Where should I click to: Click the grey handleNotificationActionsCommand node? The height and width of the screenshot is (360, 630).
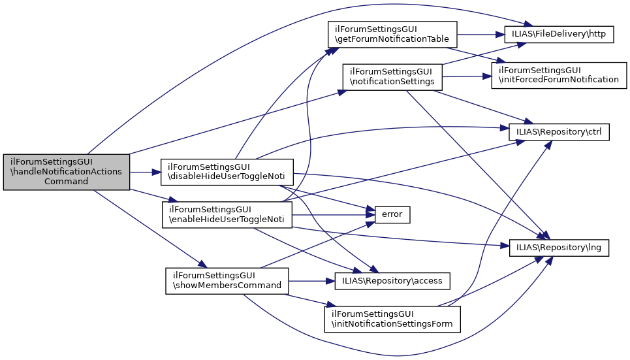(x=67, y=172)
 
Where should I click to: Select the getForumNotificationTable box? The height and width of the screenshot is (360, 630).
(x=392, y=35)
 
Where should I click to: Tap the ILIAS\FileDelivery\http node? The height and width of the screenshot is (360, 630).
(x=559, y=34)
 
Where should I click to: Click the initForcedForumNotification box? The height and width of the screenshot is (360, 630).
(x=559, y=75)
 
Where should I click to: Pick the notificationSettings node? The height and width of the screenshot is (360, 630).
(x=392, y=77)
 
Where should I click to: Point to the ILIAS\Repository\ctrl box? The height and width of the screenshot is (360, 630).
(x=559, y=132)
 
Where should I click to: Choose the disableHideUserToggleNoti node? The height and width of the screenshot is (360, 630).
(x=227, y=172)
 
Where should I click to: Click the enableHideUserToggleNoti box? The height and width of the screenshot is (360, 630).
(x=227, y=215)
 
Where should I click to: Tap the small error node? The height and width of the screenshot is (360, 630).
(x=392, y=215)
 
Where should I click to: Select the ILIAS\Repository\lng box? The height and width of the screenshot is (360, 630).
(x=559, y=248)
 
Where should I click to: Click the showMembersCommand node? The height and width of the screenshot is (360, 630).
(x=227, y=281)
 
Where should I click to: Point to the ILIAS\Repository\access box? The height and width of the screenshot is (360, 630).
(x=392, y=281)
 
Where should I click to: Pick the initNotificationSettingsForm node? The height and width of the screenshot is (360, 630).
(x=392, y=319)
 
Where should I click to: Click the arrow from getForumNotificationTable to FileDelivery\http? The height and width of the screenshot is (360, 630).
(x=481, y=35)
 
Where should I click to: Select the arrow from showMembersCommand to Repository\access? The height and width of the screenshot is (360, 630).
(x=312, y=281)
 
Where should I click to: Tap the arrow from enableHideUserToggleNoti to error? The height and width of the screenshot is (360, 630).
(x=334, y=215)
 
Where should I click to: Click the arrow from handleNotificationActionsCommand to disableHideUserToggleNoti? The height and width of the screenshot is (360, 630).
(x=145, y=172)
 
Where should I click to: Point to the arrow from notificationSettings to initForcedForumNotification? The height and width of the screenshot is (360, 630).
(x=467, y=76)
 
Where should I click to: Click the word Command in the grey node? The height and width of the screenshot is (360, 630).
(x=67, y=182)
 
